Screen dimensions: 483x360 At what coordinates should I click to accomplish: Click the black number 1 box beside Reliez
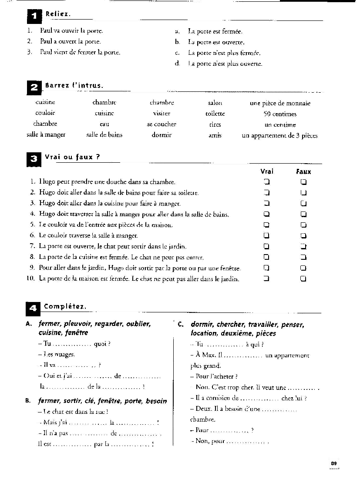tap(34, 17)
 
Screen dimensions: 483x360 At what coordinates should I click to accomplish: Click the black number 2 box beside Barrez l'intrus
tap(34, 88)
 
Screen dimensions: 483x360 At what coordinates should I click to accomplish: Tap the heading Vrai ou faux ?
tap(72, 157)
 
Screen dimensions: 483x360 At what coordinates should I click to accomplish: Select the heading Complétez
tap(65, 306)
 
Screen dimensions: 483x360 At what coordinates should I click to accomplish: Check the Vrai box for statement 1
tap(266, 182)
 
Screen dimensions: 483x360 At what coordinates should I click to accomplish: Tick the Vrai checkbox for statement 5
tap(266, 225)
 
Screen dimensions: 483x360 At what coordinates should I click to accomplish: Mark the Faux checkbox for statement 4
tap(303, 214)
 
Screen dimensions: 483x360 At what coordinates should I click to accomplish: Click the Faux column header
tap(303, 171)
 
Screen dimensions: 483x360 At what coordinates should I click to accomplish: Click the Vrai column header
tap(267, 171)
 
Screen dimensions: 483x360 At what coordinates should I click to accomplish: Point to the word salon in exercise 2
tap(215, 103)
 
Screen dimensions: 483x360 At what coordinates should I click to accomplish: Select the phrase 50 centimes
tap(280, 114)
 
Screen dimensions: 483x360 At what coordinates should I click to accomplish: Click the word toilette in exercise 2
tap(215, 114)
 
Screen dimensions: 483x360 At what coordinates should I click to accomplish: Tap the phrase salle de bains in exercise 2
tap(104, 135)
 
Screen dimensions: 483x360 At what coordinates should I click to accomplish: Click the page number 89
tap(334, 463)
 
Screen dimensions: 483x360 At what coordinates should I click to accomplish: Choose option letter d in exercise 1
tap(177, 64)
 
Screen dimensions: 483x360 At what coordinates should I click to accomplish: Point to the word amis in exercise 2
tap(215, 135)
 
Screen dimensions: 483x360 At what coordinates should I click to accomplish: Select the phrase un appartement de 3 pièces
tap(279, 135)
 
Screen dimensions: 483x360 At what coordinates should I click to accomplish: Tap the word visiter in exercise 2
tap(161, 114)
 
